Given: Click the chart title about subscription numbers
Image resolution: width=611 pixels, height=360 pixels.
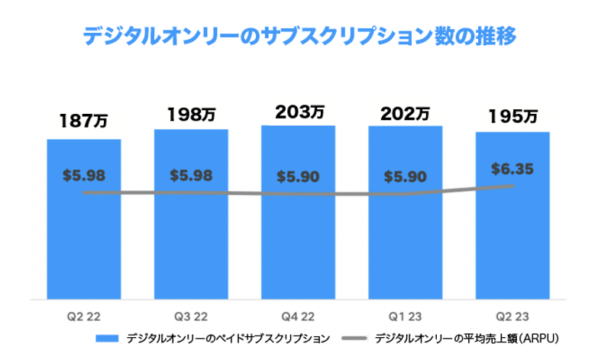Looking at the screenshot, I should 301,36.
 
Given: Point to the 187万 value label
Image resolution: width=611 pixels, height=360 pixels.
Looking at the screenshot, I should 84,121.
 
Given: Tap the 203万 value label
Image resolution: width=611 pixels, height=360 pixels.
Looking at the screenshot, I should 298,112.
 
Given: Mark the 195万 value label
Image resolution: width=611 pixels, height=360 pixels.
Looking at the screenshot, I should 512,117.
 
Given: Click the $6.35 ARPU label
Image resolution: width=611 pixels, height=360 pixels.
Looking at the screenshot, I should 512,167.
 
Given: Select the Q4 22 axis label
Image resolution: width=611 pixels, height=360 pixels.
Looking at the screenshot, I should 298,315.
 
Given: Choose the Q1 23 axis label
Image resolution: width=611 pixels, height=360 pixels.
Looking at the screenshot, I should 405,315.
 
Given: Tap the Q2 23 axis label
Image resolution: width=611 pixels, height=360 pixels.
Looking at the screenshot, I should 512,315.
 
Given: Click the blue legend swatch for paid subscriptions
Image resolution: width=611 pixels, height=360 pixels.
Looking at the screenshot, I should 108,337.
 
